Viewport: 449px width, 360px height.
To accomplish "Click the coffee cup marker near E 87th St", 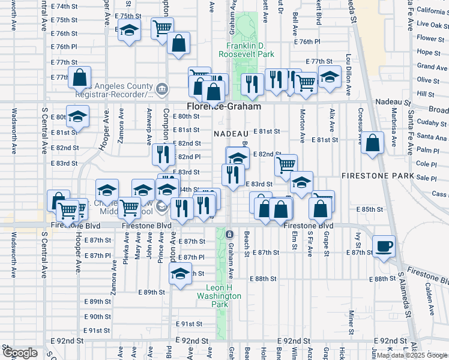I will (384, 246).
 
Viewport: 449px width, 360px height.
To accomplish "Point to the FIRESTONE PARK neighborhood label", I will (378, 176).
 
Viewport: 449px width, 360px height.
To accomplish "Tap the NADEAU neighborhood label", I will (231, 133).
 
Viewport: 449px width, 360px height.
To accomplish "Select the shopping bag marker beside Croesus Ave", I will (373, 143).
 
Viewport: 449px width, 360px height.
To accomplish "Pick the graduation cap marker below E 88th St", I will (179, 275).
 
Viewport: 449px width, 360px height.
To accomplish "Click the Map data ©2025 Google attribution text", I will (412, 355).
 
